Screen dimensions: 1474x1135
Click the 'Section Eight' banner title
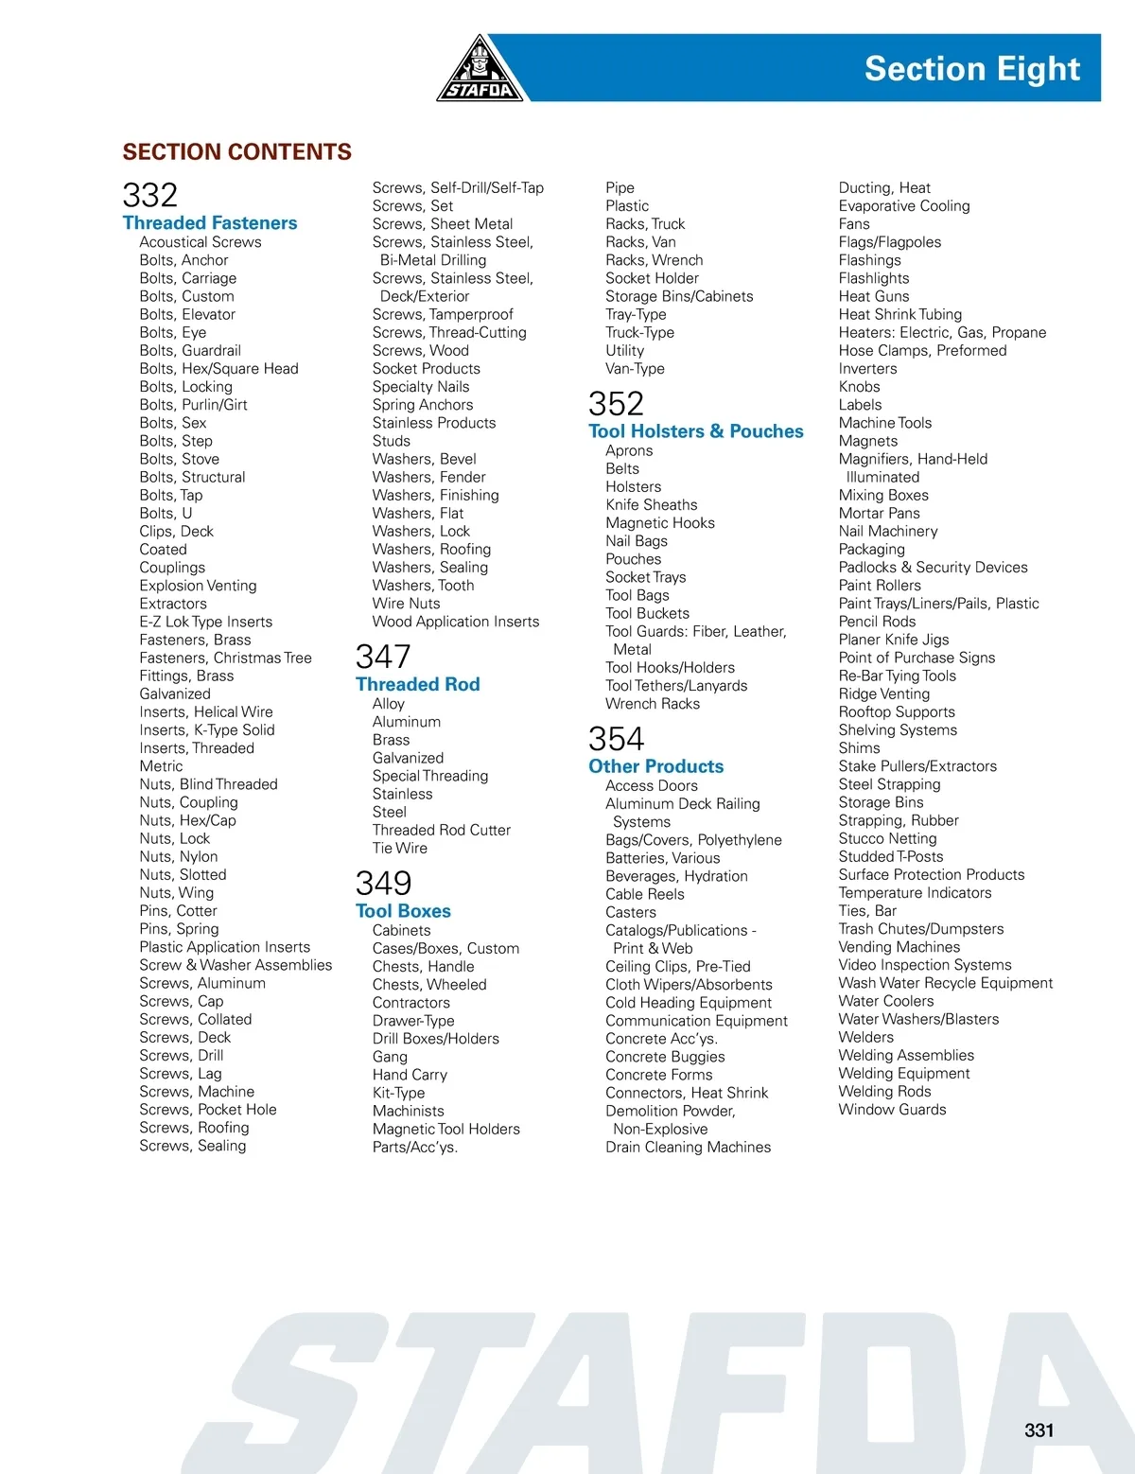(x=971, y=69)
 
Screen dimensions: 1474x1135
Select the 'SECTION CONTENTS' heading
(x=236, y=152)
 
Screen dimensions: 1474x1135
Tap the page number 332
(x=150, y=196)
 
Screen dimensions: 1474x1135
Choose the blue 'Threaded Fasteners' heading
(x=210, y=223)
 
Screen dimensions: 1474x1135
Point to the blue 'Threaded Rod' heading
(x=417, y=684)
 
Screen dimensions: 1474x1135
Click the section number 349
(x=383, y=884)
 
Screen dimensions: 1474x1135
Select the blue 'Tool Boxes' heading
(x=403, y=911)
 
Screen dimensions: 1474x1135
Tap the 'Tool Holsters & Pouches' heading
(x=695, y=431)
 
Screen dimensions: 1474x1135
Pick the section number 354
(x=616, y=739)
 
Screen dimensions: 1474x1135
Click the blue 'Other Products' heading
(x=655, y=766)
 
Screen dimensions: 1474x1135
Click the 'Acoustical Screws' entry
(x=201, y=242)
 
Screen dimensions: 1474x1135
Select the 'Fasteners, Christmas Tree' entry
(x=225, y=658)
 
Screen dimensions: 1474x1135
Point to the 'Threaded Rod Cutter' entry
(x=441, y=830)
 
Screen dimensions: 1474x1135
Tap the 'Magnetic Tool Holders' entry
(x=445, y=1129)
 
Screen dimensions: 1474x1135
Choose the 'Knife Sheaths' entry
(x=651, y=505)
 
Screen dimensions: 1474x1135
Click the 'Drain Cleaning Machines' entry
(x=688, y=1147)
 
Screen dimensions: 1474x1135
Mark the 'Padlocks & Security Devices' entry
(x=933, y=568)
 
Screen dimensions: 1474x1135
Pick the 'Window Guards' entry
(x=892, y=1110)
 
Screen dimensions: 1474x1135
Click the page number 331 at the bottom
(x=1039, y=1430)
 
